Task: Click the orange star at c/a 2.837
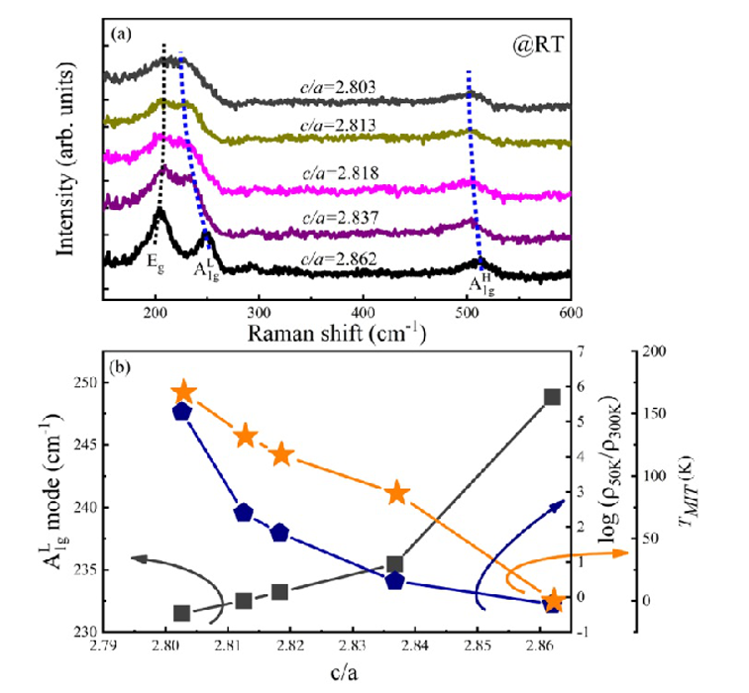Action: click(397, 493)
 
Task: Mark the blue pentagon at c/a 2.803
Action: click(181, 412)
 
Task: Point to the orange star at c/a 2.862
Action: click(554, 601)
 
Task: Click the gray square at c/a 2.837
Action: click(395, 564)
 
